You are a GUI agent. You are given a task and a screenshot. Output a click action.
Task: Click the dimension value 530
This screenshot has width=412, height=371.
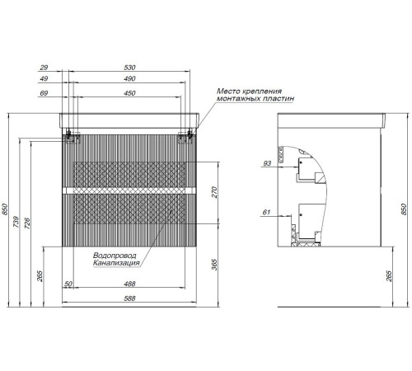129,68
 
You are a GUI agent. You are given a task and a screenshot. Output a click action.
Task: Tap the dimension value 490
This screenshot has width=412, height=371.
129,78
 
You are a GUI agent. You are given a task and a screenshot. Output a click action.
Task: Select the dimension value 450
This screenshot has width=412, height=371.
129,93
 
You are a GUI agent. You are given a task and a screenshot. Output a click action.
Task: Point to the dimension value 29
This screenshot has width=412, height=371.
44,68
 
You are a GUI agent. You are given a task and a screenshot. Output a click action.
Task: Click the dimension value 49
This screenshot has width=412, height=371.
44,78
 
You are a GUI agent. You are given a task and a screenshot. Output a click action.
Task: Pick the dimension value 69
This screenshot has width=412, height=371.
44,93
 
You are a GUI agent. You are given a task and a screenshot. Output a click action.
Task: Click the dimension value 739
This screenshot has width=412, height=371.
16,222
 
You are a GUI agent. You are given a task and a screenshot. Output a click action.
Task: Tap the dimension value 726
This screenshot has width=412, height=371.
27,223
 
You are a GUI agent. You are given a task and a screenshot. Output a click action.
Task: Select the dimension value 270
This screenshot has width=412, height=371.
214,192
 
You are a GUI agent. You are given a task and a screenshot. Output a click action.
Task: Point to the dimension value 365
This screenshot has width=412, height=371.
214,265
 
